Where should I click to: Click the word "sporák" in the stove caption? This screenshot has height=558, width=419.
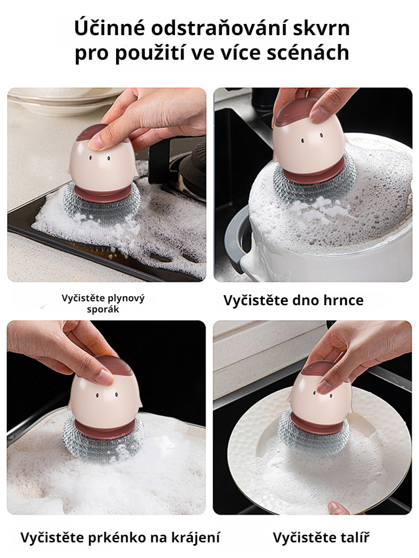[x=103, y=309]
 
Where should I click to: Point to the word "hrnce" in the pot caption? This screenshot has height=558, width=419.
[x=344, y=300]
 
